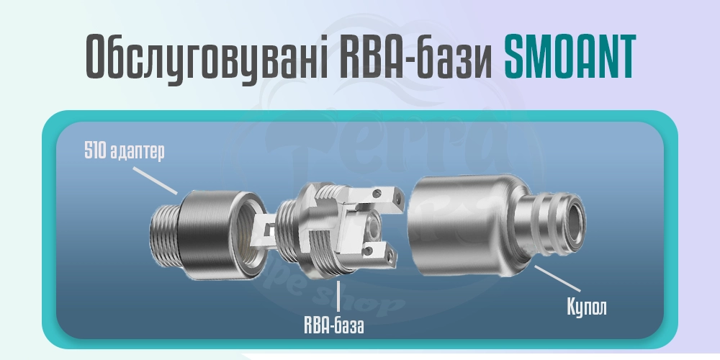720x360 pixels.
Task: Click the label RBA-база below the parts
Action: [333, 325]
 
